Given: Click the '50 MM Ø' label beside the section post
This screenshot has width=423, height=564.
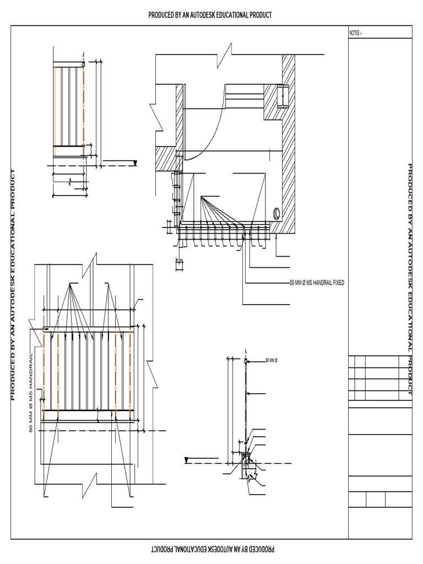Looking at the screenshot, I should point(272,360).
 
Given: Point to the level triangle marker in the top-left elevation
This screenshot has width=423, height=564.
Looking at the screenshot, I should point(135,162).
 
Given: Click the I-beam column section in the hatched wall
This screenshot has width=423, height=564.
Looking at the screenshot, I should point(282,96).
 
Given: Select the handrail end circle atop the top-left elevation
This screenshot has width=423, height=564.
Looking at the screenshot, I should point(83,64).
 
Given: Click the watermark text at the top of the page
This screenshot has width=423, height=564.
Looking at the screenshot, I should point(210,15).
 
